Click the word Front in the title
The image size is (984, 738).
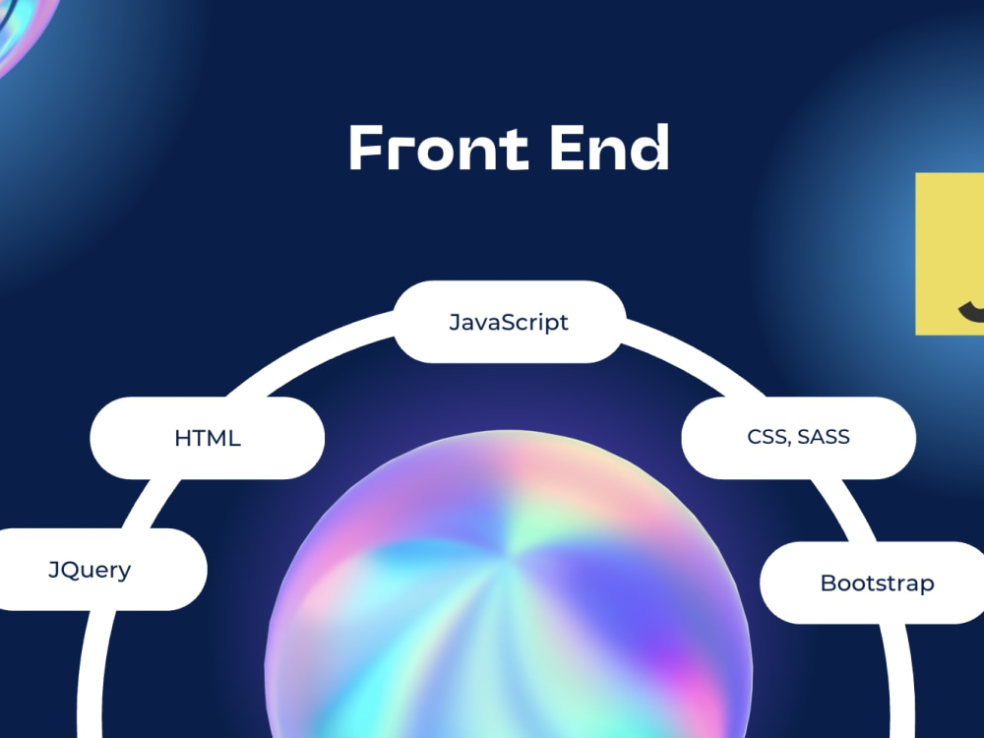click(439, 148)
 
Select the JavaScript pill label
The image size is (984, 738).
click(509, 322)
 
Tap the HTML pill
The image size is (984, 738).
click(207, 438)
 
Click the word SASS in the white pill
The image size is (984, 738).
click(824, 436)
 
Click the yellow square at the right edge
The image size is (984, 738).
click(950, 254)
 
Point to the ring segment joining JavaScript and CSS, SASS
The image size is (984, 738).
click(697, 354)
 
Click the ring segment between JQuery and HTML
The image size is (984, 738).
click(150, 504)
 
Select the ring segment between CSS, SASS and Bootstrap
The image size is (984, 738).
click(844, 510)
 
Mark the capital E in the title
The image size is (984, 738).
click(567, 148)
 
